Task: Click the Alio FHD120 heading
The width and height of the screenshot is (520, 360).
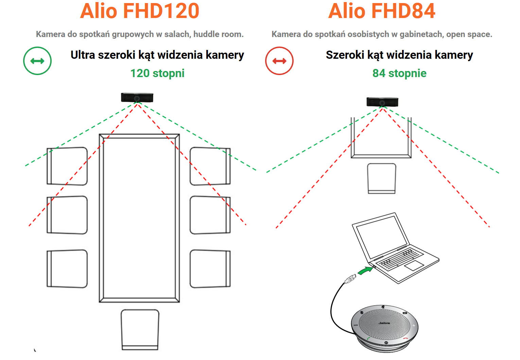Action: coord(139,11)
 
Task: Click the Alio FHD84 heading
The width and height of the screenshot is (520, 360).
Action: coord(381,11)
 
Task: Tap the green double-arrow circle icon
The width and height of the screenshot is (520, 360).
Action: coord(37,61)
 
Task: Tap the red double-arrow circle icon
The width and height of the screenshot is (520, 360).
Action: coord(279,61)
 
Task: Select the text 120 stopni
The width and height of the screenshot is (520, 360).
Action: coord(157,73)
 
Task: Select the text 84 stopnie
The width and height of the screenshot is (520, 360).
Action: coord(399,73)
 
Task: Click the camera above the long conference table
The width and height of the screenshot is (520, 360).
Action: coord(137,98)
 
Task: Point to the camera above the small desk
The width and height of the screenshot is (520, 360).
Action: coord(382,102)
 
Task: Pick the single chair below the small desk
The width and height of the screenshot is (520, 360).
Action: coord(382,178)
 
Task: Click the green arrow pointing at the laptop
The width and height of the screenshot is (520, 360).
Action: coord(366,271)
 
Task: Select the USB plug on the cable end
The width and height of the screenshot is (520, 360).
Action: coord(350,279)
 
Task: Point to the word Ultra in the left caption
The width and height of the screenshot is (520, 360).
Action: coord(83,55)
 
